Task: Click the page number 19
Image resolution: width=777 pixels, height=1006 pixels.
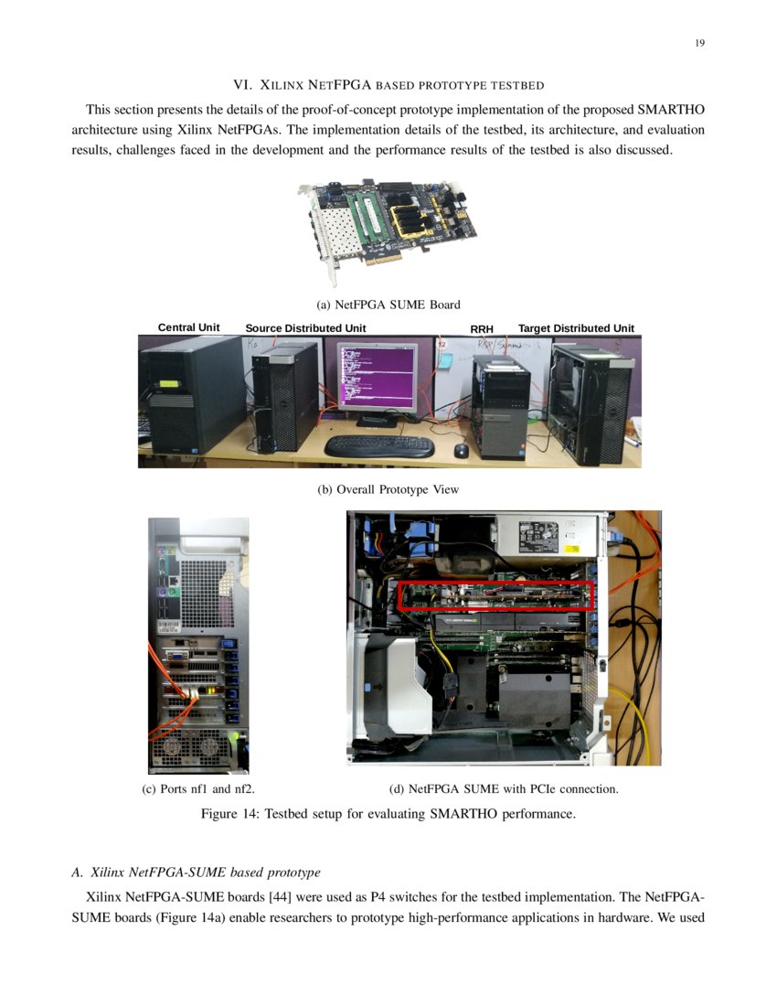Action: (x=699, y=43)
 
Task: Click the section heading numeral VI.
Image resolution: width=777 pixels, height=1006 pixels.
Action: (x=242, y=85)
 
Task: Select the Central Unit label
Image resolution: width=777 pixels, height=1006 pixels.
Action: (x=188, y=327)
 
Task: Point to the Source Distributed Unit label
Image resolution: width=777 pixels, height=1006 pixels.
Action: (x=305, y=328)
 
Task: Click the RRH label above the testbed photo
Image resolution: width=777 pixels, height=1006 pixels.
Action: (x=482, y=329)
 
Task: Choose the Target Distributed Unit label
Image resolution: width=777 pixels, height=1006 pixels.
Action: (x=576, y=328)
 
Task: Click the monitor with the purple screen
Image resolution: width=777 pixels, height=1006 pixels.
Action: (x=377, y=378)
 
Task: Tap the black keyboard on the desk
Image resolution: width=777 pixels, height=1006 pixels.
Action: (x=379, y=445)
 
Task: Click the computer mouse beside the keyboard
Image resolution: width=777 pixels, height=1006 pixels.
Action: (x=462, y=450)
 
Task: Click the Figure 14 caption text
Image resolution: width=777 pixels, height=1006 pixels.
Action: (x=388, y=814)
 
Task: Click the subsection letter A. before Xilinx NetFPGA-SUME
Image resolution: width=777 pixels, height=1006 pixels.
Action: (x=77, y=872)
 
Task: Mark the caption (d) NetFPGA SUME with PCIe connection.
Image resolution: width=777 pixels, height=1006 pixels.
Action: (x=504, y=788)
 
